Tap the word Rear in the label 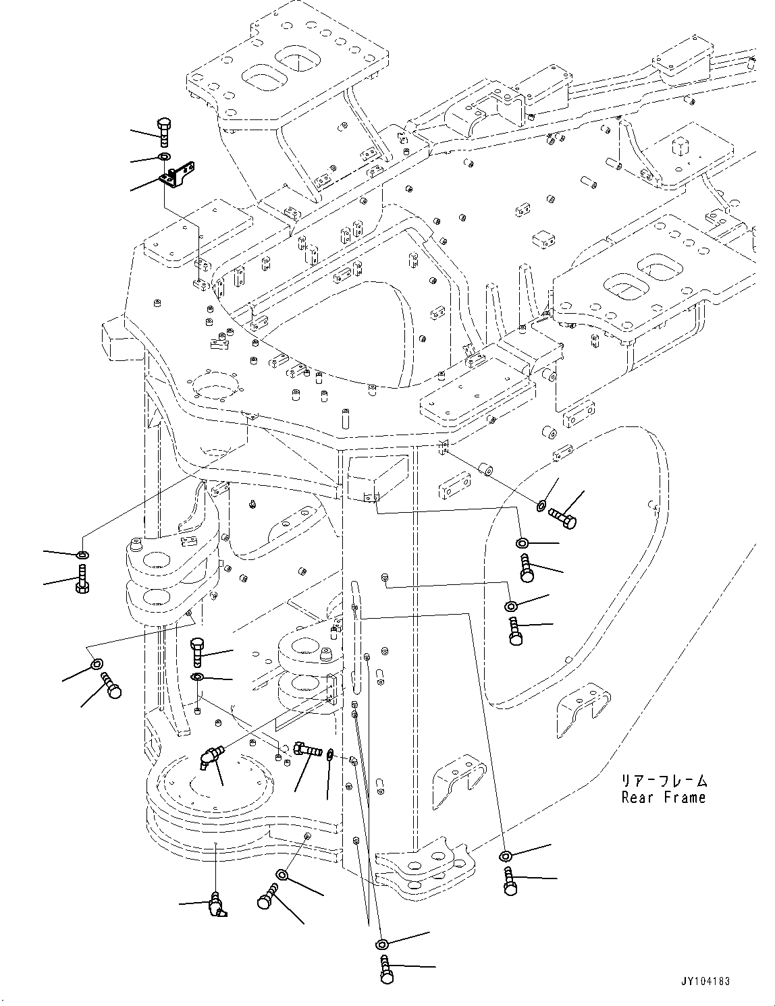[x=637, y=798]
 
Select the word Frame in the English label [x=683, y=798]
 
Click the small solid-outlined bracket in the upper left [x=178, y=175]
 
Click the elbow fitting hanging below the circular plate [x=217, y=905]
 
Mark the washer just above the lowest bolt [x=382, y=943]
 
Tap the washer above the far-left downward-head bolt [x=82, y=555]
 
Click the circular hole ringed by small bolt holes [x=216, y=390]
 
